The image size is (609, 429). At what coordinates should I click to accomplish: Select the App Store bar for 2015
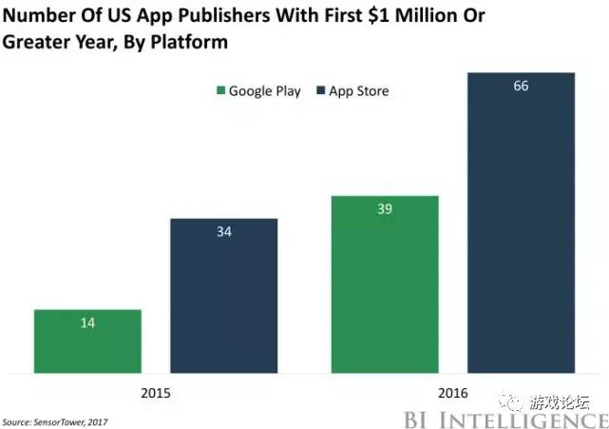click(224, 296)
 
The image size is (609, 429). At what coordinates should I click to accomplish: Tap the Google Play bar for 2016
click(384, 284)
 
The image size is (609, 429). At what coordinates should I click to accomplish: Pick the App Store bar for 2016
click(521, 223)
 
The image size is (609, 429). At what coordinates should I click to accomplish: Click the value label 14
click(87, 323)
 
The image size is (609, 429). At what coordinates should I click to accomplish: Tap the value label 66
click(521, 87)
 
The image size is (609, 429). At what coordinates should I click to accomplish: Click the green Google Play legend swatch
click(221, 91)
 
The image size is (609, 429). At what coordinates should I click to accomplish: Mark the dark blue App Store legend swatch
click(321, 91)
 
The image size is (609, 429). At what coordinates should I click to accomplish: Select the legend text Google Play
click(265, 91)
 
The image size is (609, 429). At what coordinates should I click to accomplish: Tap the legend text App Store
click(359, 91)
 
